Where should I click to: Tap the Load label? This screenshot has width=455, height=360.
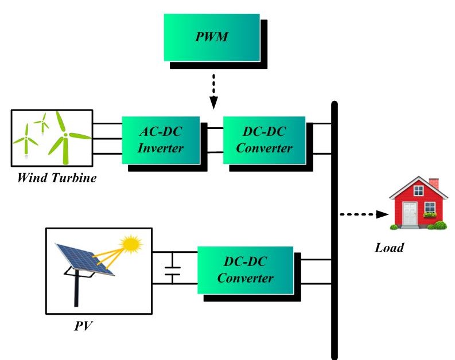point(389,248)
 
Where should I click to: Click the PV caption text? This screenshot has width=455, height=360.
point(83,327)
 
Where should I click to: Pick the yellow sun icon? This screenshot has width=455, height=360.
point(131,244)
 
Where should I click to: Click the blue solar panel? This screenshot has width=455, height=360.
point(84,259)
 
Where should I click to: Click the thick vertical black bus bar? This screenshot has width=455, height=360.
point(335,229)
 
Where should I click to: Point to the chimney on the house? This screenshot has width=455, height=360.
point(434,185)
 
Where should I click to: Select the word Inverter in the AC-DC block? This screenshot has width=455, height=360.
point(161,148)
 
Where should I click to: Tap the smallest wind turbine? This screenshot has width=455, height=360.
point(41,121)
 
